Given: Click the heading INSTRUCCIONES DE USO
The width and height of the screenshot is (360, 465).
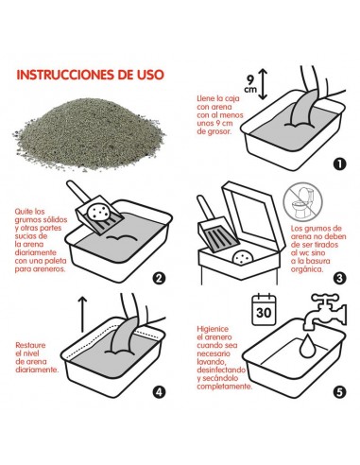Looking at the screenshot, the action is (91, 75).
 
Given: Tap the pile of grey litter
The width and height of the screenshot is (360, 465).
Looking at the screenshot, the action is (88, 134).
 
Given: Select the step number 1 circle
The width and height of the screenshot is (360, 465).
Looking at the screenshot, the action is (339, 164).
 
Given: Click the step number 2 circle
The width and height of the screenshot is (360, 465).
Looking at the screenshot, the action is (159, 278).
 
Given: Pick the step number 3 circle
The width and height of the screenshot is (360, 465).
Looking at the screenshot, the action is (339, 278).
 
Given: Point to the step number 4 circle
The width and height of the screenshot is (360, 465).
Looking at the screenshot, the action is (159, 392).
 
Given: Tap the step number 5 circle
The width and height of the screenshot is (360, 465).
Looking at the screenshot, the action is (339, 392).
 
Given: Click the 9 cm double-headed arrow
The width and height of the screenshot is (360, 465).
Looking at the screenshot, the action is (263, 84).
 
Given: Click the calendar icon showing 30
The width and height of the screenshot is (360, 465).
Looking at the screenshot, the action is (264, 309).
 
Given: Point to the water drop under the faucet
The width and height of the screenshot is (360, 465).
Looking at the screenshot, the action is (307, 347).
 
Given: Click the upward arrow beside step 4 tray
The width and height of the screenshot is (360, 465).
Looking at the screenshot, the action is (82, 314).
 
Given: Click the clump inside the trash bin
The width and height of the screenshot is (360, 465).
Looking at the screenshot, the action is (243, 257).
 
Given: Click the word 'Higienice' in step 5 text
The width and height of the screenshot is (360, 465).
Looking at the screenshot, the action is (213, 329).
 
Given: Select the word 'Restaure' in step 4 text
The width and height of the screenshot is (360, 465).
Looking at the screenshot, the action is (30, 345).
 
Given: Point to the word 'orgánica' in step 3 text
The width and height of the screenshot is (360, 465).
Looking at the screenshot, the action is (307, 269).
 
